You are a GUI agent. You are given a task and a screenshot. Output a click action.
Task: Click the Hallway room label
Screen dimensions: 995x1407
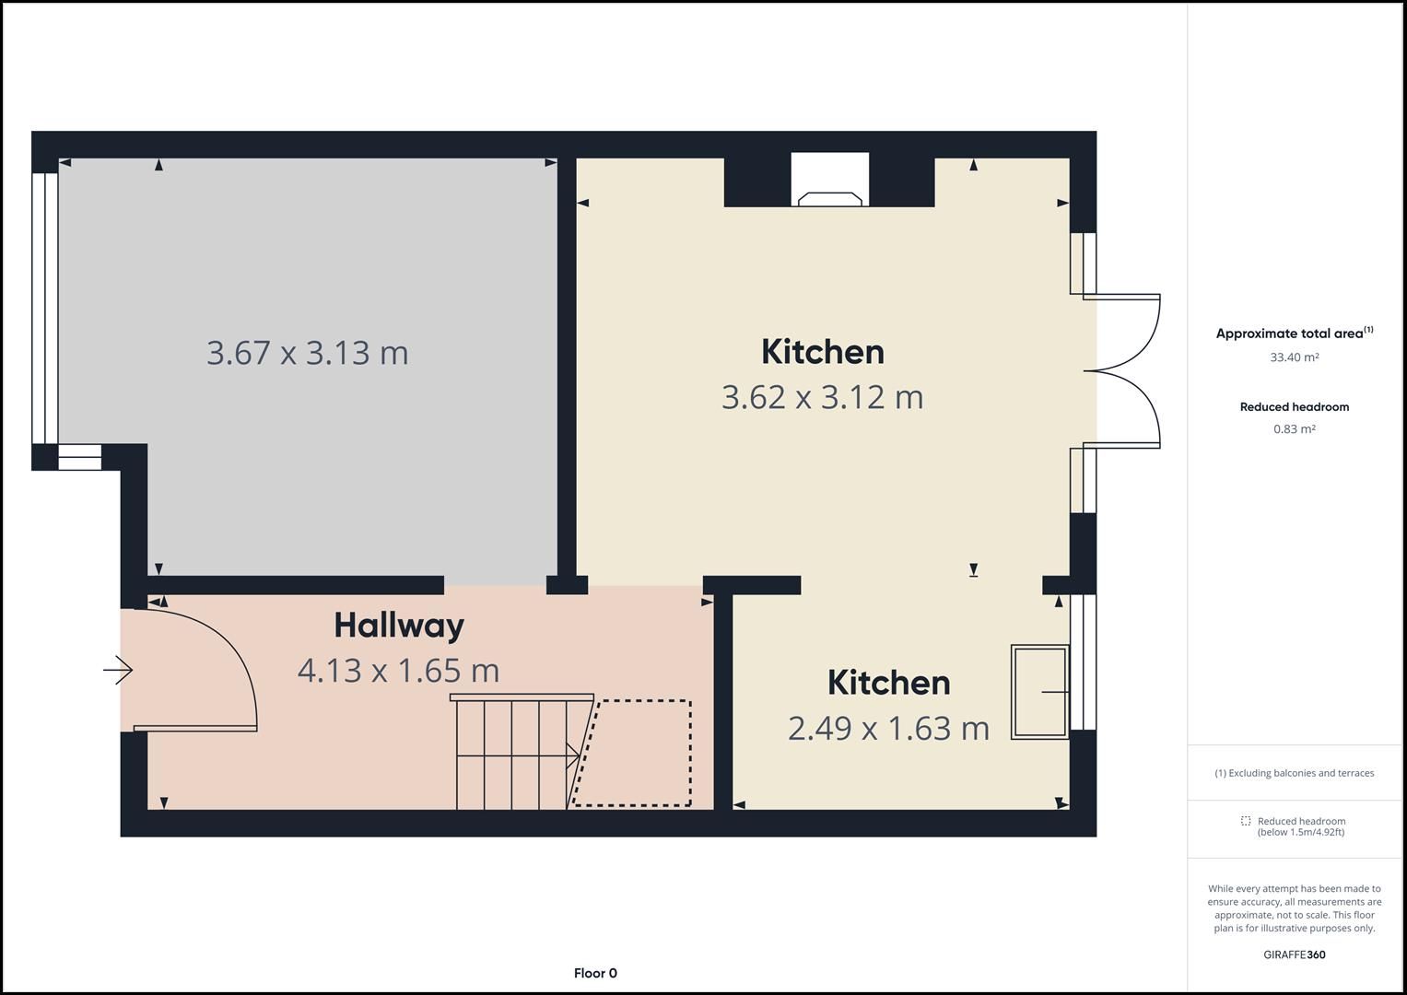click(398, 626)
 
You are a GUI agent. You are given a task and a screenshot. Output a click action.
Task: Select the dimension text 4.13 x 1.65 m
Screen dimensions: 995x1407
click(398, 671)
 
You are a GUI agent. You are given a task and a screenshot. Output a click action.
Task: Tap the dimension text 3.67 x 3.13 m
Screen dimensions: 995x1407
click(307, 353)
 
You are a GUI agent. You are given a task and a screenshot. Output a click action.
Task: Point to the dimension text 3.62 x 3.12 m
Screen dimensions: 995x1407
click(822, 397)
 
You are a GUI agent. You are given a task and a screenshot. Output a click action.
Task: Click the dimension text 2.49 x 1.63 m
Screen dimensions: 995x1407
click(888, 729)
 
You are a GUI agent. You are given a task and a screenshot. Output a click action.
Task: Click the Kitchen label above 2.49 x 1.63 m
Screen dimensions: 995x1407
click(888, 683)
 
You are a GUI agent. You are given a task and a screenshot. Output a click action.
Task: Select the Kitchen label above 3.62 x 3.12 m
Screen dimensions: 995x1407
click(822, 352)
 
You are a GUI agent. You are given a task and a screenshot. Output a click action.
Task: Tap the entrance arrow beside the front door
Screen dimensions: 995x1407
click(118, 670)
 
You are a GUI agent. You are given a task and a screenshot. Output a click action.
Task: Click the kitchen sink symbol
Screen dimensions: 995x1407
click(1039, 691)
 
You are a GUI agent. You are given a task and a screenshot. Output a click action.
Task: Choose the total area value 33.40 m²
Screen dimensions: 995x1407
click(1294, 357)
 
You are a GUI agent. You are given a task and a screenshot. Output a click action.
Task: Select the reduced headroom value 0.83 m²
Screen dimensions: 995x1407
click(1294, 429)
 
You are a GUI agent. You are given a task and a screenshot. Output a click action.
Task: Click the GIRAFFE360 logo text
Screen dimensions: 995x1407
click(1294, 954)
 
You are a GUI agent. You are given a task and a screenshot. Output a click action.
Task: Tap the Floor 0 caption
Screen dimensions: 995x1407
click(595, 973)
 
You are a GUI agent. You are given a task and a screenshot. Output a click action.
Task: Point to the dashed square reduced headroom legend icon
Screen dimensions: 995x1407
click(1246, 821)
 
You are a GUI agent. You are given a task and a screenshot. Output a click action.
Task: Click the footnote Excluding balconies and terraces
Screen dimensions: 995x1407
click(1294, 773)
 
